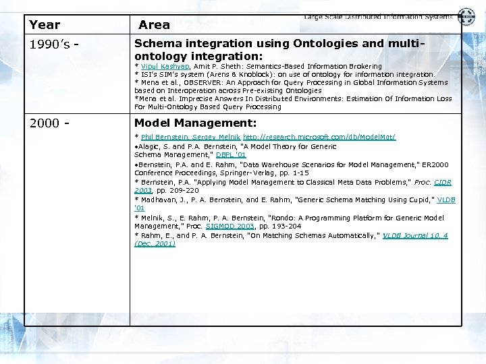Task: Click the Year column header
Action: point(45,25)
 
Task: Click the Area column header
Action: point(154,25)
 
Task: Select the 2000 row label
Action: point(49,123)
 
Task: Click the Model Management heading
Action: point(195,123)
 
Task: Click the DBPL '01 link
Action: point(231,155)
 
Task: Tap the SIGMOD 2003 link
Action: point(232,226)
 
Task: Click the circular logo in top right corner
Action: point(466,17)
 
